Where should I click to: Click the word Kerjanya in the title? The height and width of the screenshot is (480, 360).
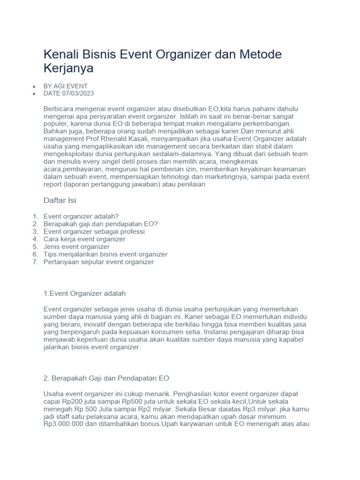coord(68,68)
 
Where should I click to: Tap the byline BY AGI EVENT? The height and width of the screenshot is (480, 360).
coord(65,86)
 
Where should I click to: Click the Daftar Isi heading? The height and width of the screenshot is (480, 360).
coord(60,201)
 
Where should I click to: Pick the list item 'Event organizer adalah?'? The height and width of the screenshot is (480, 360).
coord(81,216)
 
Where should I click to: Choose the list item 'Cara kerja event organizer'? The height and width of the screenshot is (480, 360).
coord(84,239)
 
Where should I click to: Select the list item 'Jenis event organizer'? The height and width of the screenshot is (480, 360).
coord(76,247)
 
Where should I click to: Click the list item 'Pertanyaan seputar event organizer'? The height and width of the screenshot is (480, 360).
coord(98,262)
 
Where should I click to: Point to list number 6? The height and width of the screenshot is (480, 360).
coord(35,254)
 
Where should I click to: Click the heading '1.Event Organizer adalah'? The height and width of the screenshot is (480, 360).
coord(84,293)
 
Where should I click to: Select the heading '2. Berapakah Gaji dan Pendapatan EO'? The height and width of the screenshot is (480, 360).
coord(106,378)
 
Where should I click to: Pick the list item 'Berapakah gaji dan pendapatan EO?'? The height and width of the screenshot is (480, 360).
coord(100,224)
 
